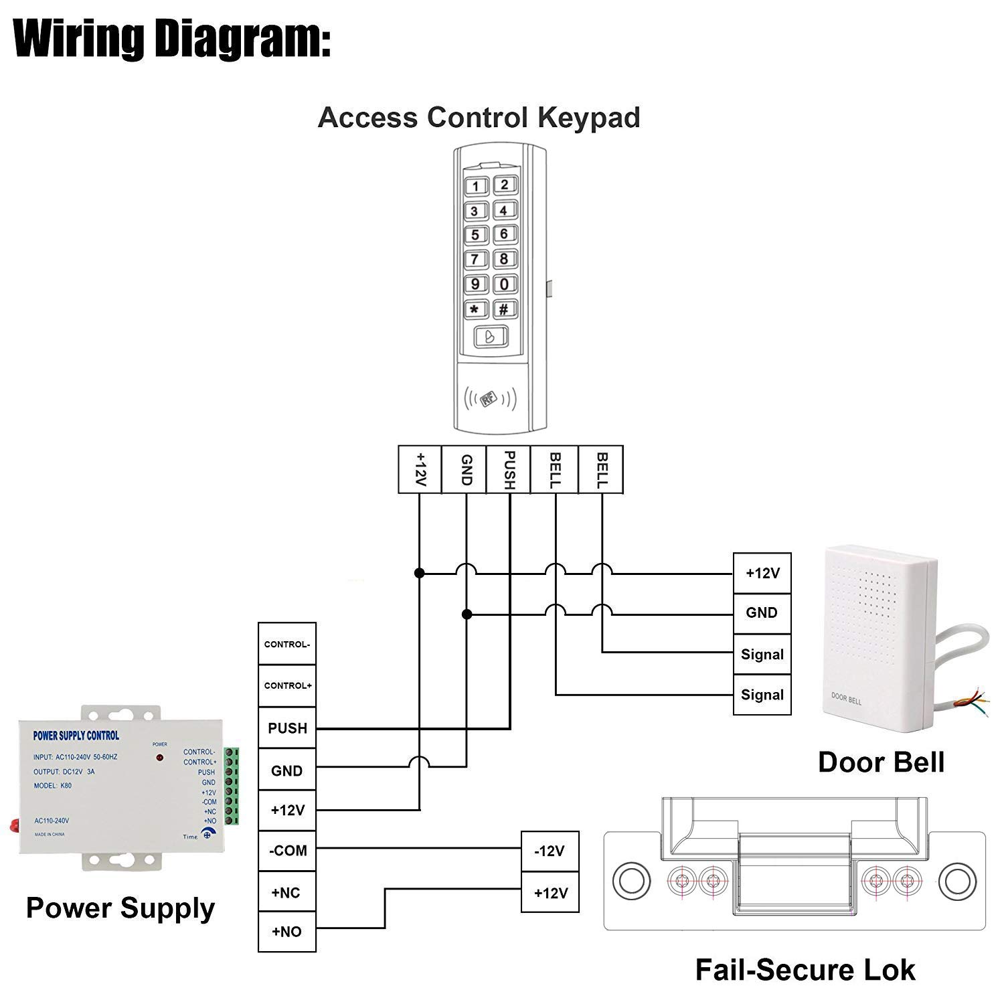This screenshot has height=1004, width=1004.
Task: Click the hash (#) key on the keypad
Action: (x=504, y=309)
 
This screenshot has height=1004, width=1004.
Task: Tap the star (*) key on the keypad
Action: (x=475, y=309)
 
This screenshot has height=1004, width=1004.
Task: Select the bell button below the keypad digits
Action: (x=489, y=337)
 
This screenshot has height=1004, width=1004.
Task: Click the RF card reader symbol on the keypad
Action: (x=489, y=400)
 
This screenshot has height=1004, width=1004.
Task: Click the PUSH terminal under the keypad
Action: (x=509, y=470)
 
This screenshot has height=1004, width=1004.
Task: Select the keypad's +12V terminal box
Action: (x=420, y=470)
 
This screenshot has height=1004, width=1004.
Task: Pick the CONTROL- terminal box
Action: (x=286, y=644)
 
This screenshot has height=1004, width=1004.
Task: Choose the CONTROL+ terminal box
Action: (x=286, y=685)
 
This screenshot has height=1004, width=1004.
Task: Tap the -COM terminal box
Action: (x=286, y=851)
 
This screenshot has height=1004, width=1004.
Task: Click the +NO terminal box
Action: (x=286, y=931)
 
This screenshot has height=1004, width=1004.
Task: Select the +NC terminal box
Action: (x=286, y=892)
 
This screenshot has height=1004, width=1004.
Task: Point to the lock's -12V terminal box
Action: (x=550, y=851)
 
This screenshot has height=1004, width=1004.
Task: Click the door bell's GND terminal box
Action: (x=762, y=613)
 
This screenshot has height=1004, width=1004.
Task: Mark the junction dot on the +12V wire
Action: (x=420, y=573)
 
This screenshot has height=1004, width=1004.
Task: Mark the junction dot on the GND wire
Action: (x=467, y=614)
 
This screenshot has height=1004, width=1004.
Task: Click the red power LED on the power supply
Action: (x=159, y=758)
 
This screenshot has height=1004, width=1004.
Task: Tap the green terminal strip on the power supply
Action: (x=231, y=786)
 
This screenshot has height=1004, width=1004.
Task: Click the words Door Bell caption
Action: (x=881, y=762)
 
